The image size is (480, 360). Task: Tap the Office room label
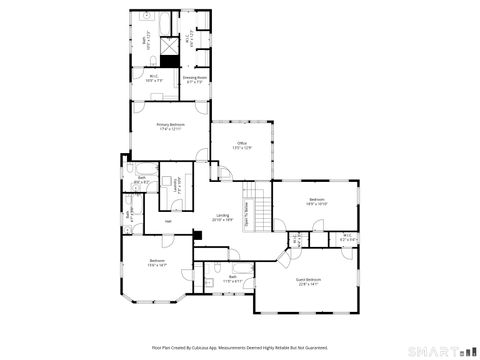click(x=241, y=146)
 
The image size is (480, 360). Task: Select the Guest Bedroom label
click(x=309, y=282)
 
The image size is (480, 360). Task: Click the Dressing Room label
click(x=195, y=79)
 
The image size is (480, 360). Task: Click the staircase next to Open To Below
click(x=260, y=211)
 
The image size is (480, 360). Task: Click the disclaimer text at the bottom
click(x=240, y=347)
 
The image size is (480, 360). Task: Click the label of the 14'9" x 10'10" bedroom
click(x=317, y=202)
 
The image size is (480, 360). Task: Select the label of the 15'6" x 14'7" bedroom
click(x=157, y=263)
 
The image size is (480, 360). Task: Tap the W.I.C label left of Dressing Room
click(x=154, y=79)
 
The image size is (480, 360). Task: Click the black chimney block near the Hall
click(x=197, y=237)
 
